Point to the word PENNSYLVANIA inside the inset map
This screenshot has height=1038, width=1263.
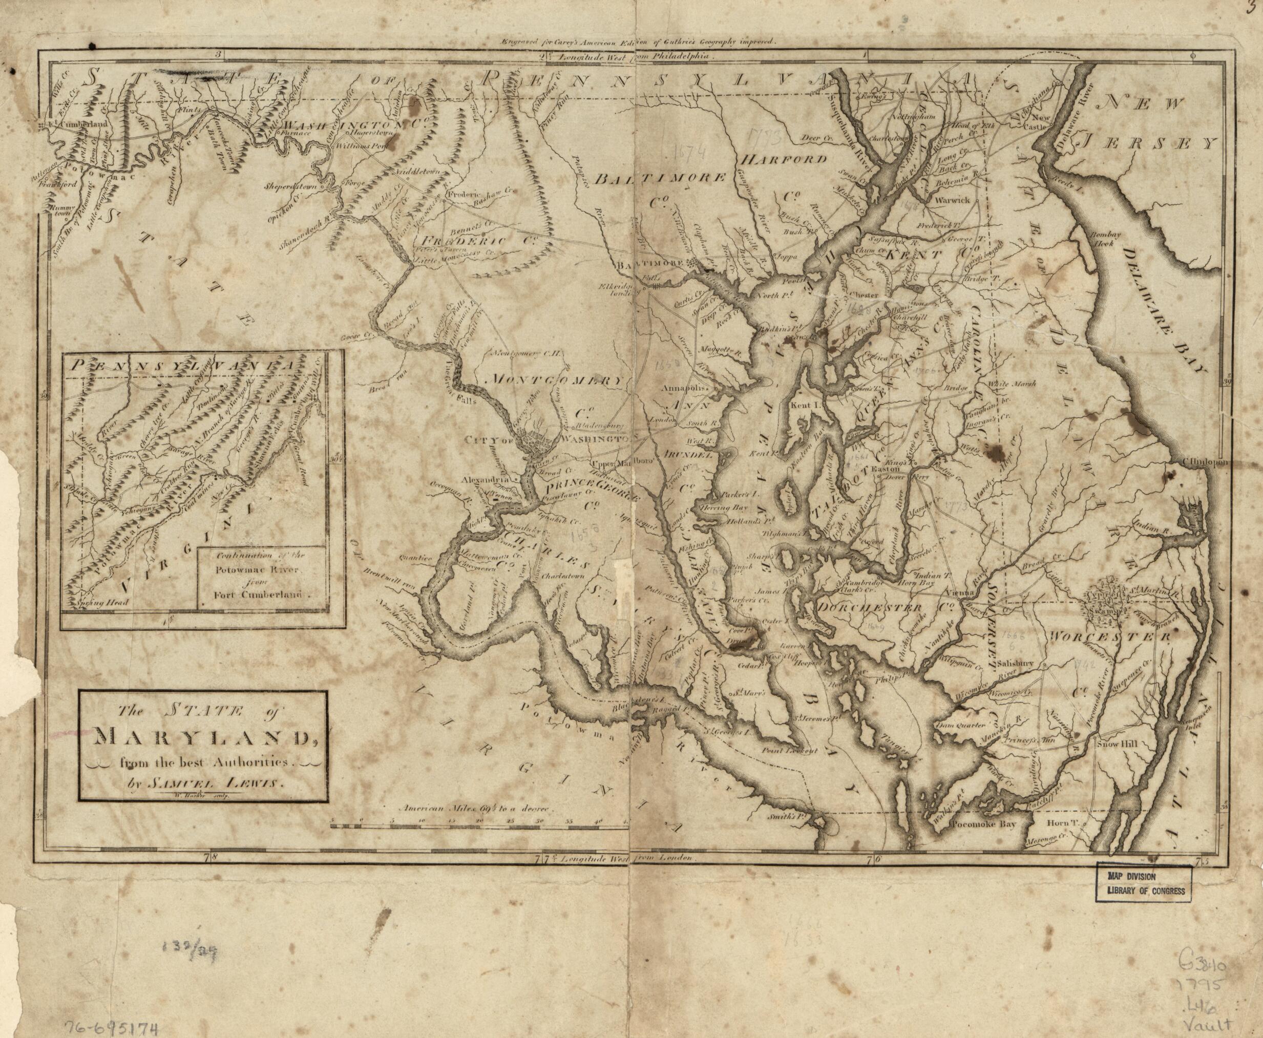point(182,366)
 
